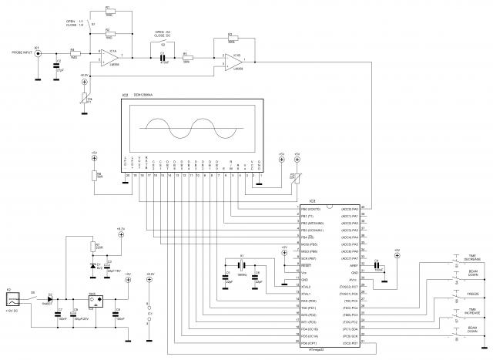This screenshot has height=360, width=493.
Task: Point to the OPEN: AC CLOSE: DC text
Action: (x=163, y=34)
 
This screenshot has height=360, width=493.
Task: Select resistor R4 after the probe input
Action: (x=73, y=53)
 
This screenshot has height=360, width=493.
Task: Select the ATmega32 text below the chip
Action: (x=307, y=349)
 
